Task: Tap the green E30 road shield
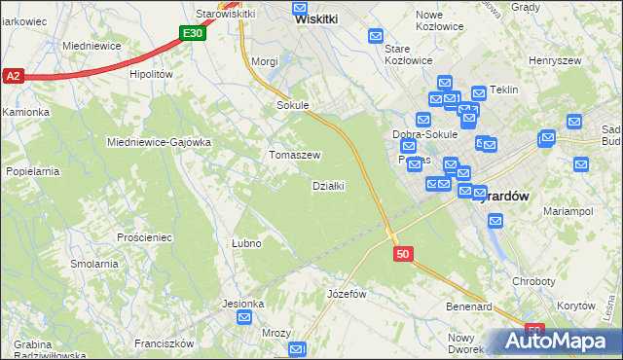193,34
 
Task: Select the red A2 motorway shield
13,76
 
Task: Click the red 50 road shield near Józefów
404,254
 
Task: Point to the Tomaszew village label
295,156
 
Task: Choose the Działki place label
328,186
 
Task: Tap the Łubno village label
245,243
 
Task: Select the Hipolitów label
150,74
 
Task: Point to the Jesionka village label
242,304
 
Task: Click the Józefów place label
347,294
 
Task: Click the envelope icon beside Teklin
479,93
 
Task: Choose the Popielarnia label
33,171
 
